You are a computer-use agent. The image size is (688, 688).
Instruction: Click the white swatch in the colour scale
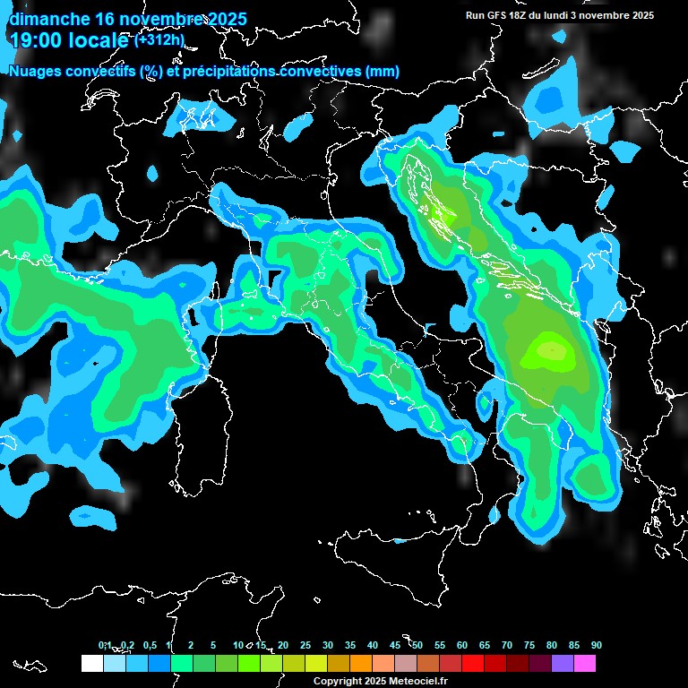click(x=91, y=663)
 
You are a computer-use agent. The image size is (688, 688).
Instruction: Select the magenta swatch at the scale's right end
click(x=584, y=663)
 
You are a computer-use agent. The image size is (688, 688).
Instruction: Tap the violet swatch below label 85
click(x=562, y=663)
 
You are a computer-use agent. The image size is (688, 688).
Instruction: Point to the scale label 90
click(x=596, y=646)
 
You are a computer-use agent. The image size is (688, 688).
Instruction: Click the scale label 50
click(x=417, y=646)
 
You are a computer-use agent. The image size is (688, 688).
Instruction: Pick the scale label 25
click(x=305, y=646)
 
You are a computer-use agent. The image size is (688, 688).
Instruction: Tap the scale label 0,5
click(x=149, y=646)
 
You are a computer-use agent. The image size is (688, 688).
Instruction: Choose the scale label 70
click(x=507, y=646)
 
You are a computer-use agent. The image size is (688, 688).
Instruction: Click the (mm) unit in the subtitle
click(x=383, y=71)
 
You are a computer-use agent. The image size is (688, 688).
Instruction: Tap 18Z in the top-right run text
click(x=528, y=15)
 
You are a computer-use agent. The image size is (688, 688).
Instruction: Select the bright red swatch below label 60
click(x=472, y=663)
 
